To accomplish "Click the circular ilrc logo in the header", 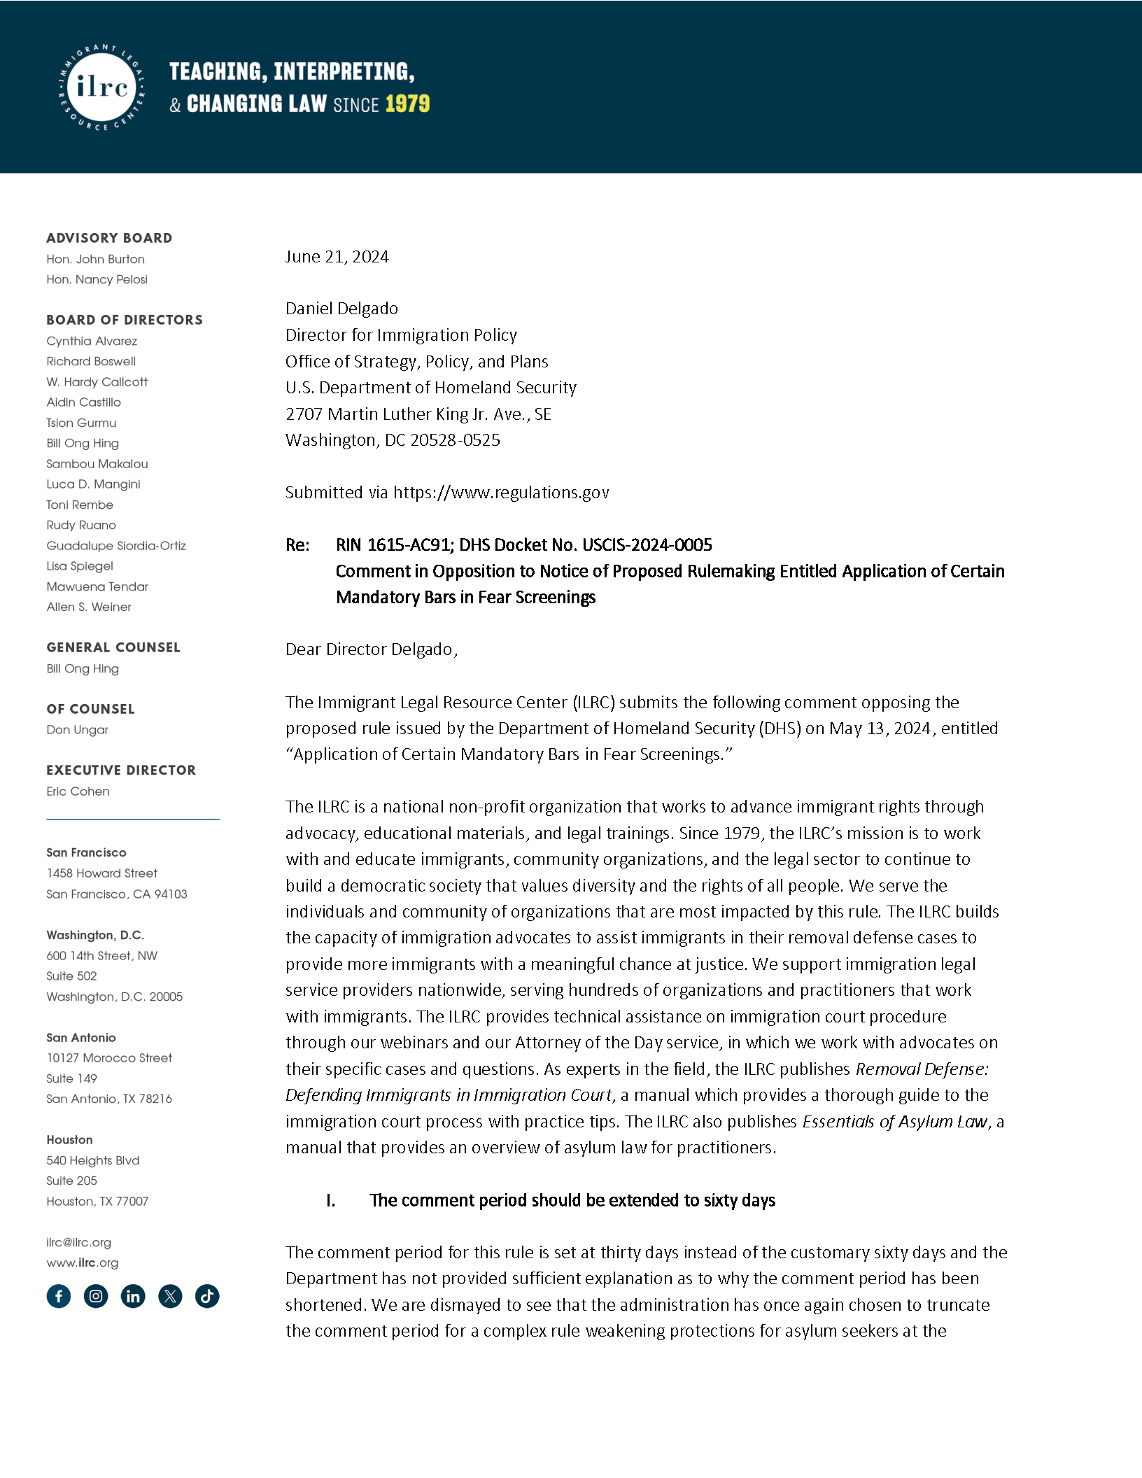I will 102,87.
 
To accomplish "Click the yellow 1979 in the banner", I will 407,104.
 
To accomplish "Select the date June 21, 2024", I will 337,257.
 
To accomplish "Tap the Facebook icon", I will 59,1296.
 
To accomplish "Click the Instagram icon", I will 96,1296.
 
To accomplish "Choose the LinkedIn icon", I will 133,1296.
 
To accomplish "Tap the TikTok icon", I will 207,1296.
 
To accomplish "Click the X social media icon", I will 170,1296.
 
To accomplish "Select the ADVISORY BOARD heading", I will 109,238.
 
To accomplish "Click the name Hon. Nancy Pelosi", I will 97,279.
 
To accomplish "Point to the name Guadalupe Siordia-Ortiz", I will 116,545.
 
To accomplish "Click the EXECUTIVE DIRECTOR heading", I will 121,770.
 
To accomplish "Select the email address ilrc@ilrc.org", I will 79,1242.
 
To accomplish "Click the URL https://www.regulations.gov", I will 501,493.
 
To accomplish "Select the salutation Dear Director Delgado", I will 371,649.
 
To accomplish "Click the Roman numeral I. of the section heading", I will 330,1200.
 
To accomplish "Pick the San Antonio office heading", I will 81,1037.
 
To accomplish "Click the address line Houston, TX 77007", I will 97,1201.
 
